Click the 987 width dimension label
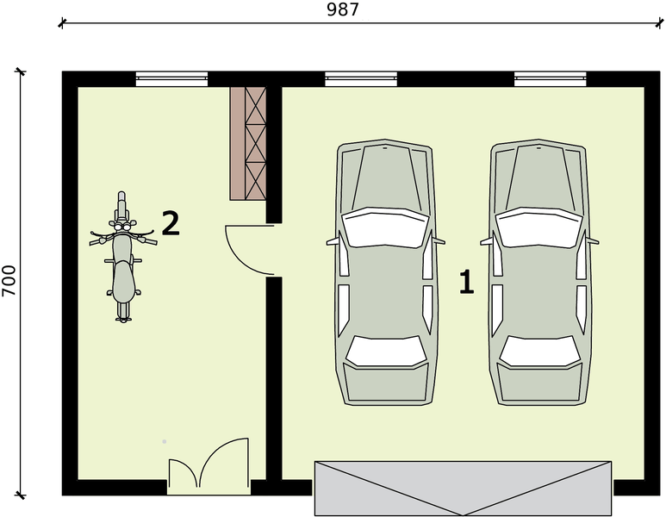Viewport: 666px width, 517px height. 343,9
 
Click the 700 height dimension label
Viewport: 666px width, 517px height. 9,281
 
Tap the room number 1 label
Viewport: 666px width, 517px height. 466,282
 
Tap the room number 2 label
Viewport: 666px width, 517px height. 171,223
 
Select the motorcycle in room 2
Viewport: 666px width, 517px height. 123,257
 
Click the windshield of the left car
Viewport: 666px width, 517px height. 386,227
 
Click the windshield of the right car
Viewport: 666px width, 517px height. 539,227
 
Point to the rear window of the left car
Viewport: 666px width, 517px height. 386,352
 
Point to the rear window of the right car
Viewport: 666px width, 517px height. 540,352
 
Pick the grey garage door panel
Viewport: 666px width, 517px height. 463,488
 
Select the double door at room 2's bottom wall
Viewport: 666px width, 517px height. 209,466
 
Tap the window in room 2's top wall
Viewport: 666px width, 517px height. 171,79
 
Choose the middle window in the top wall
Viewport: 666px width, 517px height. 361,79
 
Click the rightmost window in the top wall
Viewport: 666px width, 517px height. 551,79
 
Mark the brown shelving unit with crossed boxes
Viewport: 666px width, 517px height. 248,144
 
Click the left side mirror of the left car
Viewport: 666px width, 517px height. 333,241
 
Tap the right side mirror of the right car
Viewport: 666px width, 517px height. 593,241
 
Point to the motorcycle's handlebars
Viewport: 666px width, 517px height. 123,237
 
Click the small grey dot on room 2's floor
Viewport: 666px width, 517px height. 165,442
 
